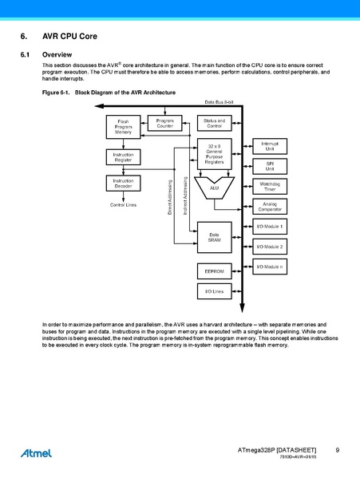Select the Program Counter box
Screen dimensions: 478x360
pos(164,124)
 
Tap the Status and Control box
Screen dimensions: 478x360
pos(214,124)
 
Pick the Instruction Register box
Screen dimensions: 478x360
pos(123,157)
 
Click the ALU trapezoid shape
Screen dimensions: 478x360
pos(214,188)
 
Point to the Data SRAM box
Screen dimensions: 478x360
pos(214,237)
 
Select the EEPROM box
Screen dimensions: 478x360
pos(214,271)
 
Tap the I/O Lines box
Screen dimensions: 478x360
pos(214,292)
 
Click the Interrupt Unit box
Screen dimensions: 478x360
pos(270,146)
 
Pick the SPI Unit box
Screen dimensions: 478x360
pos(270,166)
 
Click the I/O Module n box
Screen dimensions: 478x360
pos(270,267)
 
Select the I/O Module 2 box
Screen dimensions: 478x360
pos(270,247)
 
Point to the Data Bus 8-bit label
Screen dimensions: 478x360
pos(219,102)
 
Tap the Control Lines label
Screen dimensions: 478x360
pos(123,205)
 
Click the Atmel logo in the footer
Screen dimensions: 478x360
pos(37,452)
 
